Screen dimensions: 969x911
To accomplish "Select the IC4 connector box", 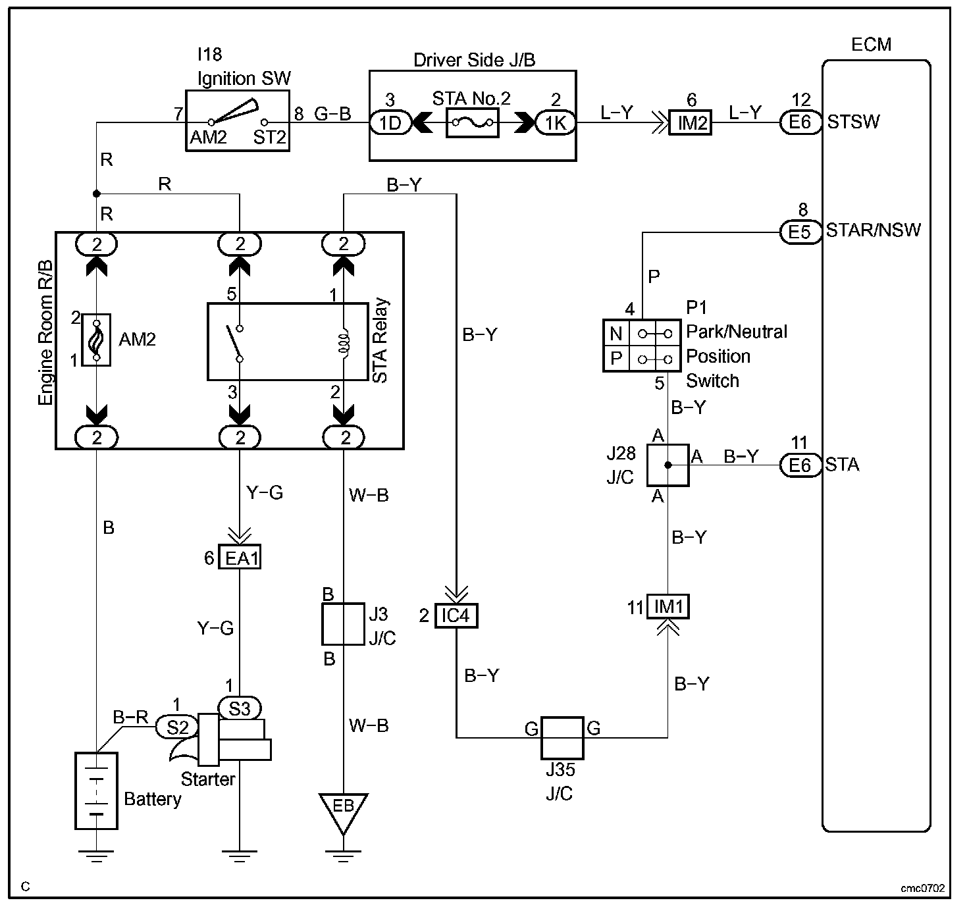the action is (456, 616).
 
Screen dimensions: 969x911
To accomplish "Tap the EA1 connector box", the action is (240, 557).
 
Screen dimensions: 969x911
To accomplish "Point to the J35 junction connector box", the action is (562, 738).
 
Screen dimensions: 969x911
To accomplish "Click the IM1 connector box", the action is (668, 606).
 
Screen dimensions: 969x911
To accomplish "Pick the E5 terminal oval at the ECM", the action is (800, 232).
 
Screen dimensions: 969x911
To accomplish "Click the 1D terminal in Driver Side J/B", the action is (391, 123).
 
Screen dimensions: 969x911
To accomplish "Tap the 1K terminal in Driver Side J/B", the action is (555, 123).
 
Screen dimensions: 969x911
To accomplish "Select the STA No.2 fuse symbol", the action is (472, 123).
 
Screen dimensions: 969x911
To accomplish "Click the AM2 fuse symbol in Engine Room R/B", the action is (97, 340).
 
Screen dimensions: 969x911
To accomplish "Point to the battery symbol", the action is (97, 791).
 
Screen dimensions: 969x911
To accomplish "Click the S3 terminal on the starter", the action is (240, 708).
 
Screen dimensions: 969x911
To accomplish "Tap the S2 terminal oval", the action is (177, 727).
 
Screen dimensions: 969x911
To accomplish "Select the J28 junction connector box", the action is (668, 465).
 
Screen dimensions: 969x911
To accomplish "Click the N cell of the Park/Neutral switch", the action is (615, 333).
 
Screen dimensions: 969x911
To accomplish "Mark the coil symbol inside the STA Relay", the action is (345, 344).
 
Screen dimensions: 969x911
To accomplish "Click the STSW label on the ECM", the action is (853, 122).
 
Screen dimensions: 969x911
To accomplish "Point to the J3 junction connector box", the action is (343, 624).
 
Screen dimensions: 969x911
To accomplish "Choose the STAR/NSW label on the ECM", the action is (873, 230).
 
